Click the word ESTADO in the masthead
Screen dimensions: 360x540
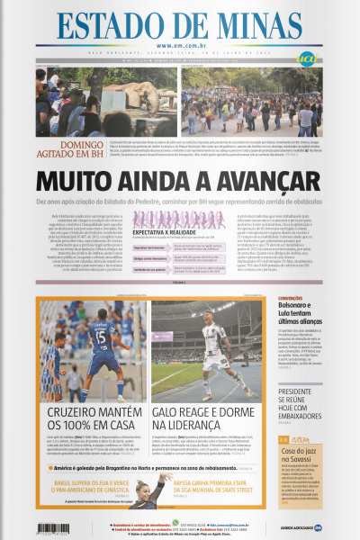[99, 27]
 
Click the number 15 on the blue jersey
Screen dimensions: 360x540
[102, 337]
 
